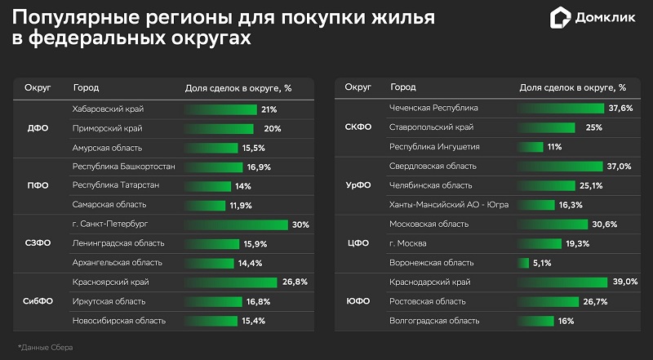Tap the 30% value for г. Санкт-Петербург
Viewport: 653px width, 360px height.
pos(300,224)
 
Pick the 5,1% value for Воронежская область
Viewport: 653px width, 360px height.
pos(541,263)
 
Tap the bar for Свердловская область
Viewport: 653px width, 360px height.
pos(561,167)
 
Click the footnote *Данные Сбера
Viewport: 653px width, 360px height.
pos(45,348)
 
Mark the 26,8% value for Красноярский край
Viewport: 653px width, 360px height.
pos(295,282)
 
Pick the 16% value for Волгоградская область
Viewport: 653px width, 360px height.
pos(565,321)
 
